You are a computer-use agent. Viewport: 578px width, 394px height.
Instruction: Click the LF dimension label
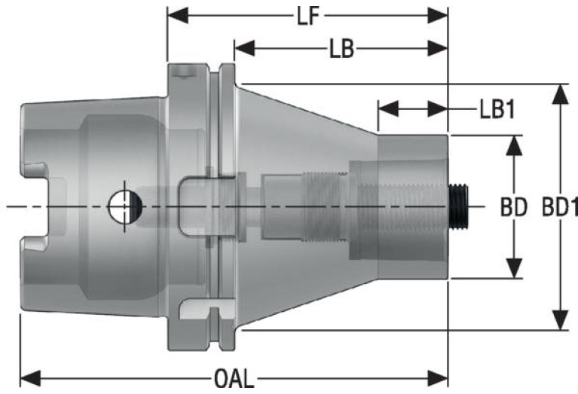point(308,17)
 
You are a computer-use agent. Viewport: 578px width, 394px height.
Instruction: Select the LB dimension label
point(341,49)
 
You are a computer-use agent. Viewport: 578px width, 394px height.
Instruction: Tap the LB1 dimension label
point(497,109)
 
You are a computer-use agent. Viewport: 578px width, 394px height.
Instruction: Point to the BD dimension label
point(513,207)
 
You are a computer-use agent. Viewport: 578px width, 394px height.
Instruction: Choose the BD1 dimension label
point(560,207)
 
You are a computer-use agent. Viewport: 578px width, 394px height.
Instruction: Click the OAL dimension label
point(234,379)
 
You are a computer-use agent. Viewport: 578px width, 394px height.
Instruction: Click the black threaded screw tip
point(458,207)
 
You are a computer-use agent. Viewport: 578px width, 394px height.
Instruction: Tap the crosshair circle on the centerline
point(125,206)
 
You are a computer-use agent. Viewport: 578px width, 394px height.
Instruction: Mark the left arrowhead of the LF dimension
point(178,16)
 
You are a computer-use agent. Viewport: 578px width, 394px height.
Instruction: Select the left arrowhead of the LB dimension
point(244,48)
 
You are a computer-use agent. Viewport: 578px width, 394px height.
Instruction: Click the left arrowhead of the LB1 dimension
point(389,108)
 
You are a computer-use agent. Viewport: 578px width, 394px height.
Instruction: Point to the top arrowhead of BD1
point(561,95)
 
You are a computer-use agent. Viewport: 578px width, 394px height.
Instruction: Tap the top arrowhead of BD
point(514,145)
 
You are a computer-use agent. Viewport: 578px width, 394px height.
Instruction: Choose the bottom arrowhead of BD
point(514,268)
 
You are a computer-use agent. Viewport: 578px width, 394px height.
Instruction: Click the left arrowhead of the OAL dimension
point(30,378)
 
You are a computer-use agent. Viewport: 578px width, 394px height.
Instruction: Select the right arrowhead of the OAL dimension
point(438,378)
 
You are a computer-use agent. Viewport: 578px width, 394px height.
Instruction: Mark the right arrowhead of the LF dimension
point(438,16)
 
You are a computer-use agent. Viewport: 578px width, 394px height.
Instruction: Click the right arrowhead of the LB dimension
point(438,48)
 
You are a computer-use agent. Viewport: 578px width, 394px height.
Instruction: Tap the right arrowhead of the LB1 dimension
point(438,108)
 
